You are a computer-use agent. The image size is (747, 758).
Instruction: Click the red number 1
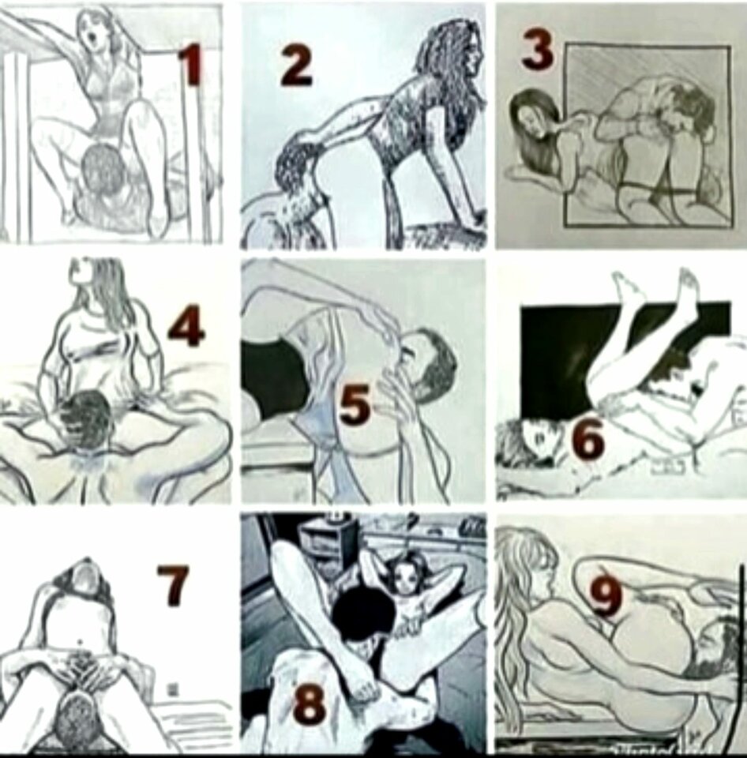(191, 63)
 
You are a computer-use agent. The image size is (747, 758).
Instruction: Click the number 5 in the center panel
(355, 403)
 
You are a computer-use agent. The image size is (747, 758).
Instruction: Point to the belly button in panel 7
(80, 643)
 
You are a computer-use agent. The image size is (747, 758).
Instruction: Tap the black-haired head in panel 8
(363, 615)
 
